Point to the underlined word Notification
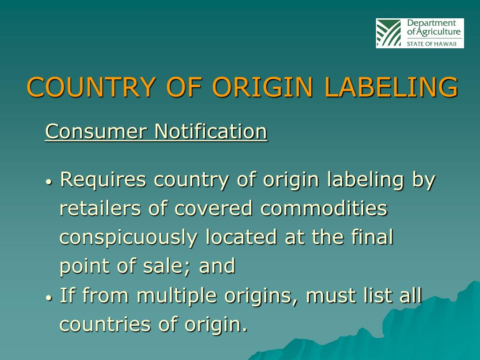coord(211,131)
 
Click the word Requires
coord(104,180)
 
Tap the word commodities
coord(324,209)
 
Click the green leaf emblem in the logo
coord(389,33)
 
